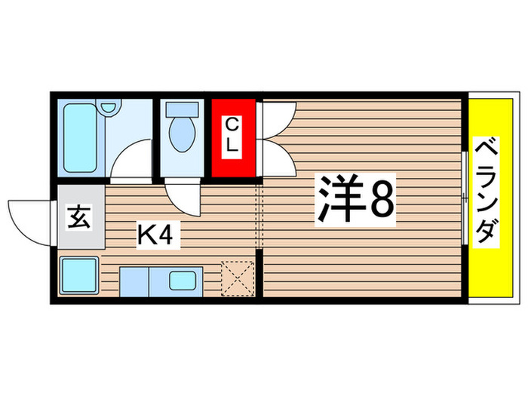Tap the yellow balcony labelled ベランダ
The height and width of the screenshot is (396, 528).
[x=490, y=192]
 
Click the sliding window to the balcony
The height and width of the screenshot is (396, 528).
[x=465, y=198]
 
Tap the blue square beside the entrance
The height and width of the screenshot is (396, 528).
[x=79, y=275]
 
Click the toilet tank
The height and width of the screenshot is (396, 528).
[x=181, y=108]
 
